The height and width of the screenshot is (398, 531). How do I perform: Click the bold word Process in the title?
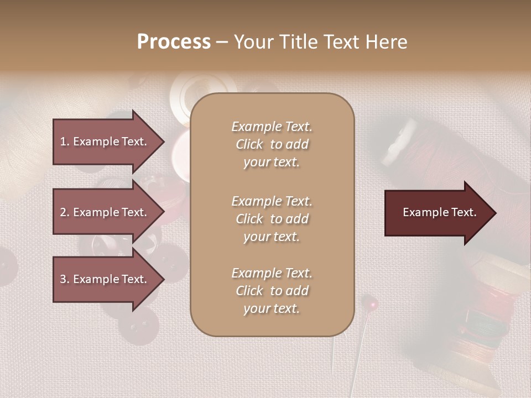(174, 42)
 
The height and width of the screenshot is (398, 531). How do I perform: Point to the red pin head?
(373, 303)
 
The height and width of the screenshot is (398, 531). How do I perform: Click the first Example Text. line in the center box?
(272, 127)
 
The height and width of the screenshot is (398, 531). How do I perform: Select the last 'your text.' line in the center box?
(272, 308)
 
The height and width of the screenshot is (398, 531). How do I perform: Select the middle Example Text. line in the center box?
(272, 201)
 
